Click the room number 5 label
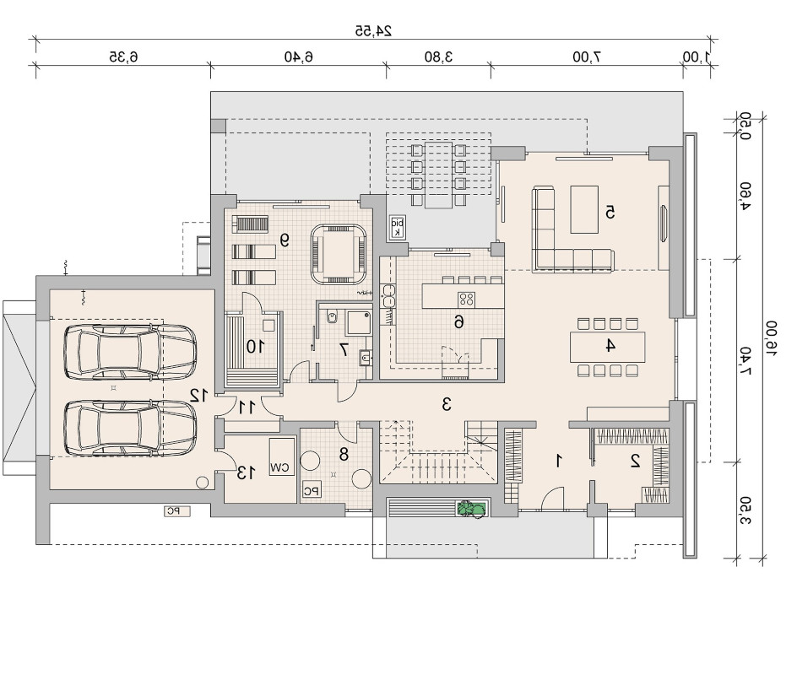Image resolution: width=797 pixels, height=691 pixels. pos(610,212)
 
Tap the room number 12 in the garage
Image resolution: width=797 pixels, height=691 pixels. pos(198,395)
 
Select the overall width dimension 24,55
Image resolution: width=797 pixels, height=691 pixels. pos(373,31)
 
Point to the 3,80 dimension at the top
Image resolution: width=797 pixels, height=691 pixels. pos(438,57)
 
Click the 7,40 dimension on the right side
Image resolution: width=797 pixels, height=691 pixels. pos(745,361)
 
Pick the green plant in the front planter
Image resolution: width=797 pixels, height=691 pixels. pos(471,508)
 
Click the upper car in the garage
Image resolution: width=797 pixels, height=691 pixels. pos(130,351)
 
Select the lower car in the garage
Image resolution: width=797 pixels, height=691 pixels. pos(130,428)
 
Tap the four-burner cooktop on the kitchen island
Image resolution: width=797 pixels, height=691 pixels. pos(466,300)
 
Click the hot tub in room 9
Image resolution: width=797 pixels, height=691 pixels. pos(339,254)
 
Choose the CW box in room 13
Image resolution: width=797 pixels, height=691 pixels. pos(282,456)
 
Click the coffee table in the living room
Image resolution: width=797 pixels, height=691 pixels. pos(584,209)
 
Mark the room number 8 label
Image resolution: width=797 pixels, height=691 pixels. pos(344,454)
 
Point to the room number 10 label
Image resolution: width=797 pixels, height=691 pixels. pos(255,347)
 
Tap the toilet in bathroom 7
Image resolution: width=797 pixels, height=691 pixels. pos(333,317)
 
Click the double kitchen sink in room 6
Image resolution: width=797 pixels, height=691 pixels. pos(389,295)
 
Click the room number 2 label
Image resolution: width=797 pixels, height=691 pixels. pos(635,461)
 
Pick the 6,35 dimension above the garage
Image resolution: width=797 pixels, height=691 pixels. pos(123,57)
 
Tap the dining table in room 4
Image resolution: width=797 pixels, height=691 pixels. pos(607,347)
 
